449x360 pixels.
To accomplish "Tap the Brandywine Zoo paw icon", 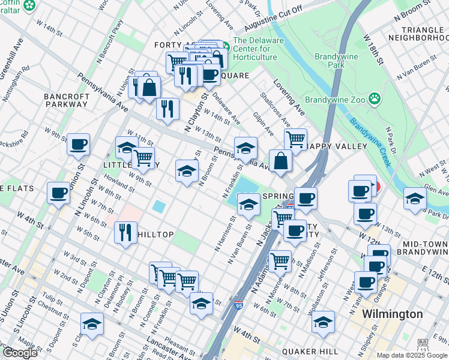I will pyautogui.click(x=375, y=97).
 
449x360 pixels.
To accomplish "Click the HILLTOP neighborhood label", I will pyautogui.click(x=155, y=234).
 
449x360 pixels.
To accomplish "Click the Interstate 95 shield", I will pyautogui.click(x=238, y=306).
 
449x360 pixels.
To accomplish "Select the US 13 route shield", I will pyautogui.click(x=423, y=349).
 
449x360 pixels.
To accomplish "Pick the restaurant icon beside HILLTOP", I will pyautogui.click(x=125, y=232).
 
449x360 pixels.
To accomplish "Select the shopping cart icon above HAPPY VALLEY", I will pyautogui.click(x=295, y=140).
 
